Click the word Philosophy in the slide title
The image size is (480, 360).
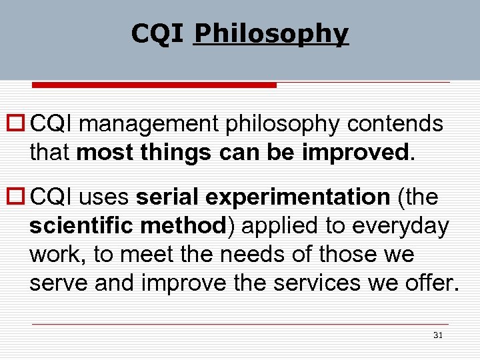[271, 33]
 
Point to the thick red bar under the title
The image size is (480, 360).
[155, 85]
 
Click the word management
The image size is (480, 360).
[153, 125]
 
